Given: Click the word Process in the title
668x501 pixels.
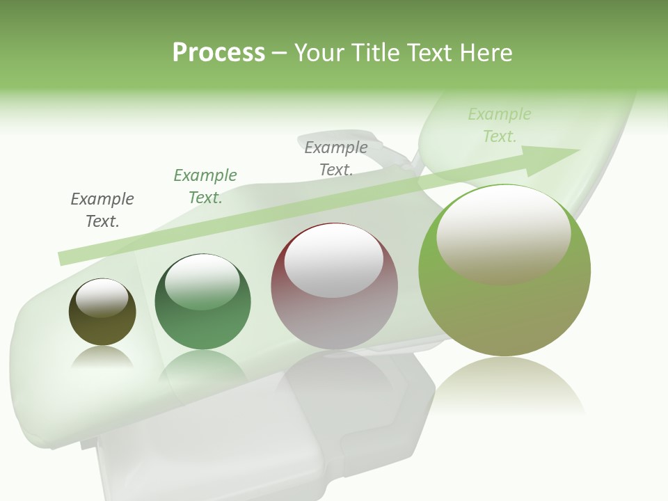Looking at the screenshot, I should [x=218, y=53].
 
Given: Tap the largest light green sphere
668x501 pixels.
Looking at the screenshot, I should [x=504, y=313].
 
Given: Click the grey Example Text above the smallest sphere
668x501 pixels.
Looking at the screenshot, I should [x=102, y=210].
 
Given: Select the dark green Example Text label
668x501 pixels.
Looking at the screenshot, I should [x=205, y=186].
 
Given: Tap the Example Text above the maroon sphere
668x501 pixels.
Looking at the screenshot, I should [x=336, y=159].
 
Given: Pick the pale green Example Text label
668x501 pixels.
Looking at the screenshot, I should [x=500, y=125].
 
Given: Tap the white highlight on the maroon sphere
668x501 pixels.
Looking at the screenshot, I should [x=334, y=261].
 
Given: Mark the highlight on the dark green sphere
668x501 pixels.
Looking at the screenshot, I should [x=202, y=282].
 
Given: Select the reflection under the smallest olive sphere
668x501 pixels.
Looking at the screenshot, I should [x=102, y=358].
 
